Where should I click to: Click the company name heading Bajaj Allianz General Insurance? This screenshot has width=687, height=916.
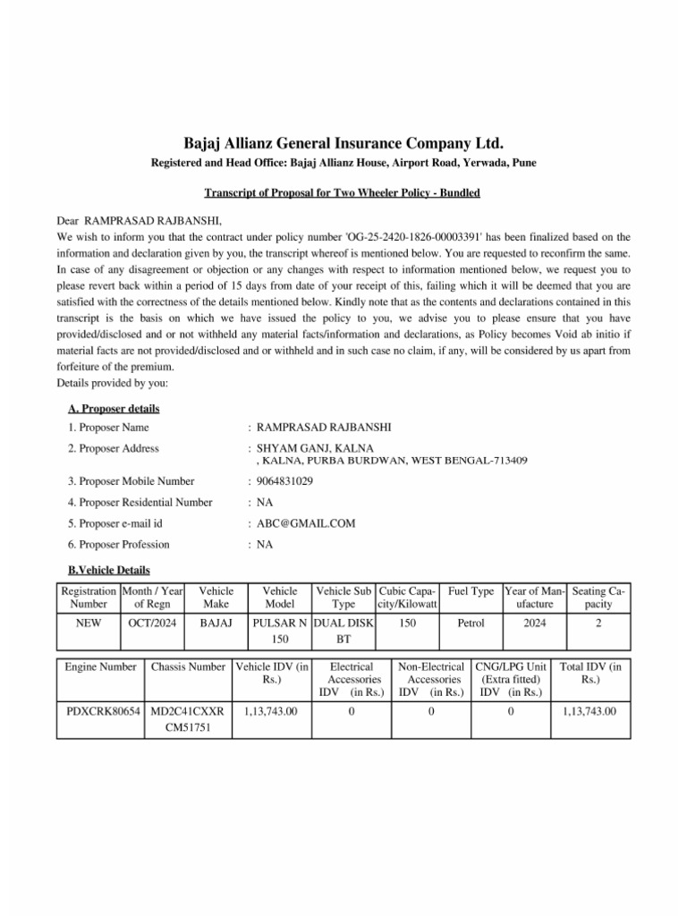[x=343, y=143]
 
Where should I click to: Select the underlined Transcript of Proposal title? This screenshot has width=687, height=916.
[x=343, y=193]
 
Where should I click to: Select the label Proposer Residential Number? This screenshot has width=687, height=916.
[x=140, y=503]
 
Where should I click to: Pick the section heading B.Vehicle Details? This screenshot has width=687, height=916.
[x=109, y=570]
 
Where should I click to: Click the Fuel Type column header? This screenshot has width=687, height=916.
[x=471, y=592]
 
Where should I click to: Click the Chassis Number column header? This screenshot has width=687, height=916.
[x=188, y=666]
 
